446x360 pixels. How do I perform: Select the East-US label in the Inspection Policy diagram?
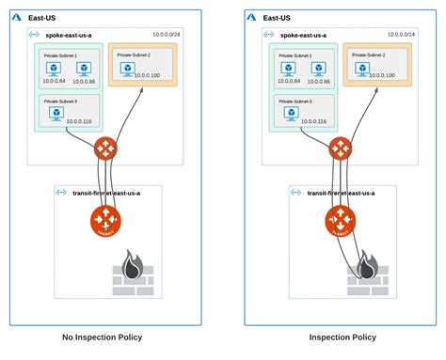tap(276, 17)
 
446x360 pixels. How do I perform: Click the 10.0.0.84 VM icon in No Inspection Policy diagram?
tap(56, 68)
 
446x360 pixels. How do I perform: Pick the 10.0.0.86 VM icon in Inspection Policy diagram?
tap(318, 68)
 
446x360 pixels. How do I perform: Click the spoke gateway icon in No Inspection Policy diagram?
tap(104, 149)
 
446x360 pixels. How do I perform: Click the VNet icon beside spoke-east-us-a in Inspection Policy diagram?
tap(269, 34)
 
